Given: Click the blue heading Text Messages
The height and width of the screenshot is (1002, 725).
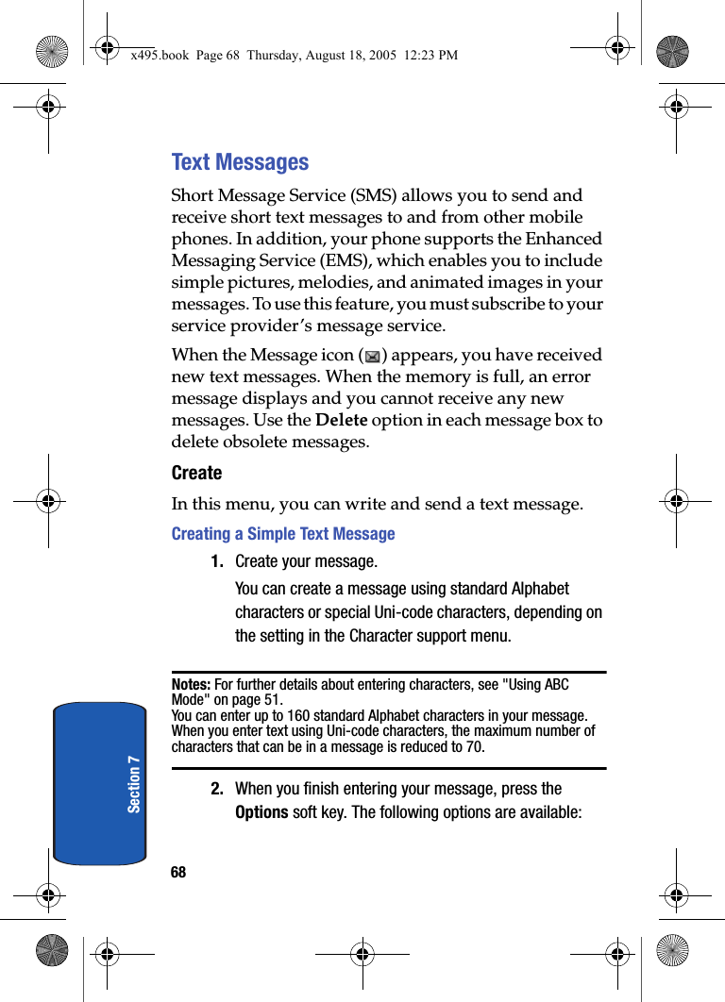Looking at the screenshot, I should (x=240, y=162).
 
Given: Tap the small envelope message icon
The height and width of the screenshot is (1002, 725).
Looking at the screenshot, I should (x=372, y=357).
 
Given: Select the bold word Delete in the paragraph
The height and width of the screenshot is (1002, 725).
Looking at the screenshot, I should (x=341, y=420).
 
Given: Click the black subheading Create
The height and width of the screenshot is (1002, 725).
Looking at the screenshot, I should (x=196, y=473).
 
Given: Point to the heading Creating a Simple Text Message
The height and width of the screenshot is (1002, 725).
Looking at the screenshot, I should (x=283, y=534).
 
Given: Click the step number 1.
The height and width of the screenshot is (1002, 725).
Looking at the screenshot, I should (x=217, y=562).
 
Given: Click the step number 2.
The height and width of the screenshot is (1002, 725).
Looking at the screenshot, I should (x=217, y=789).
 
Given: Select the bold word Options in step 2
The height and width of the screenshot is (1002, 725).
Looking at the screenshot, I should (x=261, y=812).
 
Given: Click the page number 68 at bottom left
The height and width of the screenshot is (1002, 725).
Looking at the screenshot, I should (x=178, y=873).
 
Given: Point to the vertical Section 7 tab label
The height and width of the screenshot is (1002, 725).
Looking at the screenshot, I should (x=134, y=783).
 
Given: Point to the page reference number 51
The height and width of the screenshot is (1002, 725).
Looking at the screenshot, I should (x=272, y=700).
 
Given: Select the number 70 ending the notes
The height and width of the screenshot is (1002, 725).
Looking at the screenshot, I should (x=476, y=747).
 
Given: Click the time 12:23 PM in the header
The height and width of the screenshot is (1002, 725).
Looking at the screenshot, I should (x=430, y=56).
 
